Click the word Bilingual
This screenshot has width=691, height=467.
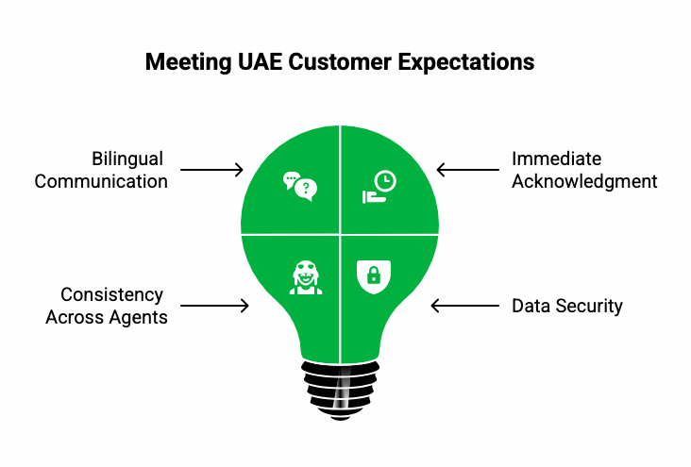[x=127, y=159]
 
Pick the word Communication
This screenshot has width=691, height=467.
[x=101, y=181]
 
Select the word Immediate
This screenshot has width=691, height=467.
[x=556, y=159]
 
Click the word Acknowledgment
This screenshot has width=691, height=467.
[x=584, y=181]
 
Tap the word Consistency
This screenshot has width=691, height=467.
[x=112, y=295]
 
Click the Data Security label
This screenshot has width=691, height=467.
[x=566, y=306]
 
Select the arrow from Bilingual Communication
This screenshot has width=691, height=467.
[x=211, y=170]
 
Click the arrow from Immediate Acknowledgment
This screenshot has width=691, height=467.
[x=466, y=170]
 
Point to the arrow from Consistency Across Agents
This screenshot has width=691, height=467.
[x=214, y=306]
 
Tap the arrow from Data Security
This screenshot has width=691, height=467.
[x=463, y=306]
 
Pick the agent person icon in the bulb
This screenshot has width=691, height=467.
[x=305, y=275]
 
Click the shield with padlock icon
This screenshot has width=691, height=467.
[x=374, y=275]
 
